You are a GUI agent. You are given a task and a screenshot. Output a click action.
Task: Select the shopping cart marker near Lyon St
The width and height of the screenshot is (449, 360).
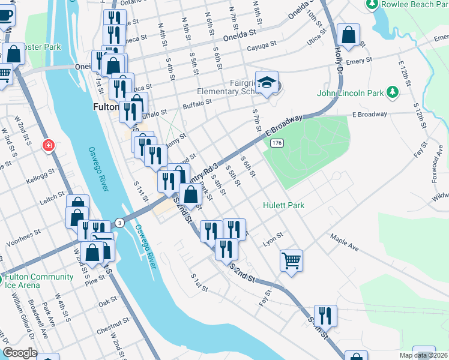point(291,260)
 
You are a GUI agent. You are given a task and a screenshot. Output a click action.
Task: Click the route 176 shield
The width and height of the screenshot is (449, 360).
point(276,143)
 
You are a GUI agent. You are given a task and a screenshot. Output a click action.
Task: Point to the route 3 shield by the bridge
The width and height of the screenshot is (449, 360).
point(120,223)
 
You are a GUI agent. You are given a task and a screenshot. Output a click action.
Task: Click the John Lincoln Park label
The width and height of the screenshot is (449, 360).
point(350,94)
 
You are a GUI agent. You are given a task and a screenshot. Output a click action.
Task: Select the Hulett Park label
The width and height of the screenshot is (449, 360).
point(283,205)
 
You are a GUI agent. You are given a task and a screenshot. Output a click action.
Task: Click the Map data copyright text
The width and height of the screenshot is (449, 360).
point(430,355)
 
